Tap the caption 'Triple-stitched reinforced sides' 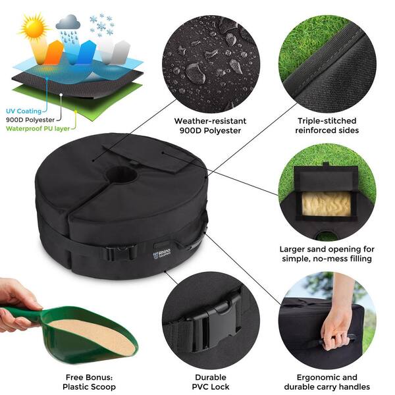coord(327,126)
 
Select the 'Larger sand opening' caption coord(327,254)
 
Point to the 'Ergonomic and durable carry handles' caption coord(327,381)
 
